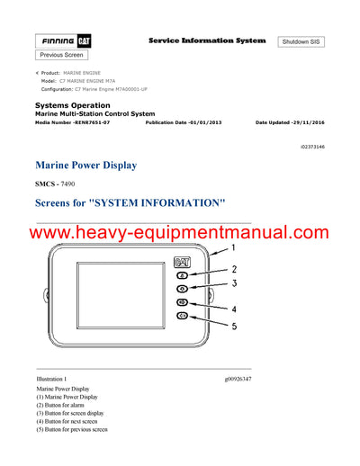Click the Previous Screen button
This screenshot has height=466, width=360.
click(x=61, y=56)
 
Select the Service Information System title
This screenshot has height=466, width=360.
click(x=206, y=40)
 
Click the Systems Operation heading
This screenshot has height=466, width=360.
click(x=71, y=105)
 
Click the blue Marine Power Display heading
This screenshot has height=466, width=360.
click(x=85, y=166)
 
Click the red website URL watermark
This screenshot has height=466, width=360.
click(x=179, y=234)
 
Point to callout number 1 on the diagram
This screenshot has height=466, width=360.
click(x=233, y=247)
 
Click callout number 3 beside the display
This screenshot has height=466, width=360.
click(x=233, y=283)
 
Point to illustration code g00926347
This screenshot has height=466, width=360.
click(x=238, y=380)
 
